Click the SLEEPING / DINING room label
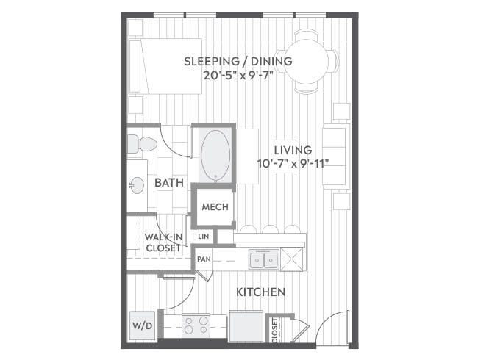point(238,61)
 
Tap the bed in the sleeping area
point(165,66)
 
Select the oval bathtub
point(214,155)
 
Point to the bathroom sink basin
point(136,185)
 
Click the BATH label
point(169,182)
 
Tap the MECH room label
point(215,207)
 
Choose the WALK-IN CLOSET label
point(163,242)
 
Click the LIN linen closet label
point(204,237)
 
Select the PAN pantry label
point(204,259)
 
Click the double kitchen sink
point(263,259)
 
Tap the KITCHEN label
point(260,292)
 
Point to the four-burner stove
point(196,324)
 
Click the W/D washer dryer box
point(141,325)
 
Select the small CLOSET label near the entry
point(275,328)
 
